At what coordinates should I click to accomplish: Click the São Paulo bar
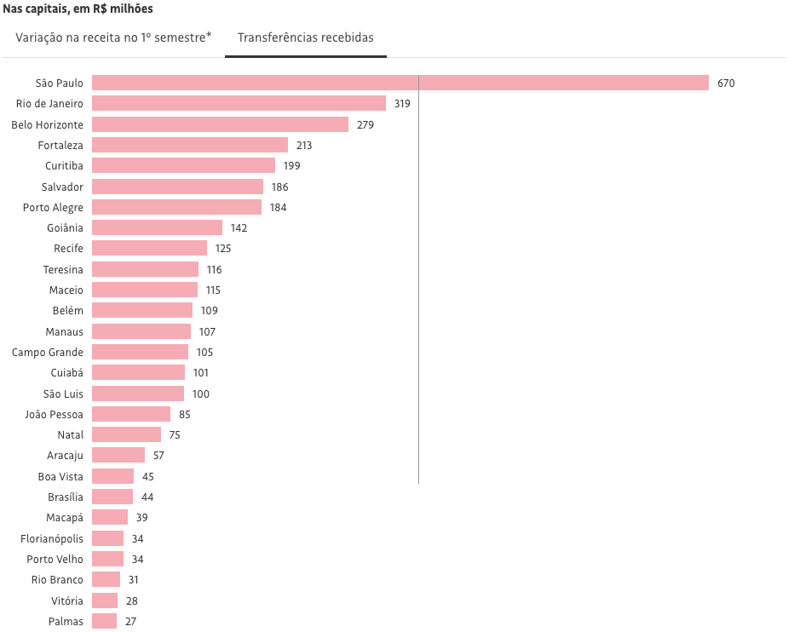pyautogui.click(x=400, y=83)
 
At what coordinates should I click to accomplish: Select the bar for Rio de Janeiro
pyautogui.click(x=239, y=103)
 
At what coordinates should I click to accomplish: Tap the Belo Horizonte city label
pyautogui.click(x=48, y=124)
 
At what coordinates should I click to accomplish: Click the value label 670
pyautogui.click(x=726, y=83)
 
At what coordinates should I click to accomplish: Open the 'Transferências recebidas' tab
pyautogui.click(x=305, y=38)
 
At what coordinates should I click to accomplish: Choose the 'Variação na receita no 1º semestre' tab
pyautogui.click(x=113, y=38)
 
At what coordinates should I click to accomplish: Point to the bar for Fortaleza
pyautogui.click(x=190, y=145)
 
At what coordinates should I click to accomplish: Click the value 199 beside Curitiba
pyautogui.click(x=292, y=165)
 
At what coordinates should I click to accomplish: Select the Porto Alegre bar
pyautogui.click(x=176, y=207)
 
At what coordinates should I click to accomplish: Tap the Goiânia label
pyautogui.click(x=66, y=227)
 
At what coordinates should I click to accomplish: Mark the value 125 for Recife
pyautogui.click(x=223, y=249)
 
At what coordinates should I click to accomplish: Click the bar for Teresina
pyautogui.click(x=145, y=269)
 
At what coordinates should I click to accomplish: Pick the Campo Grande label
pyautogui.click(x=48, y=352)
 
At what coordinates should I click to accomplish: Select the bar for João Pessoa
pyautogui.click(x=131, y=414)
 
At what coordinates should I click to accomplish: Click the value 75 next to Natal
pyautogui.click(x=175, y=435)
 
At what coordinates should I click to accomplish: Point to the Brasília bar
pyautogui.click(x=112, y=497)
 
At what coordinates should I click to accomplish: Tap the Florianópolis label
pyautogui.click(x=52, y=538)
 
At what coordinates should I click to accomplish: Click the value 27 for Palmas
pyautogui.click(x=130, y=622)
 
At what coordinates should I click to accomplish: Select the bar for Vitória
pyautogui.click(x=105, y=600)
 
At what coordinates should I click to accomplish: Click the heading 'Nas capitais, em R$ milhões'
pyautogui.click(x=78, y=9)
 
